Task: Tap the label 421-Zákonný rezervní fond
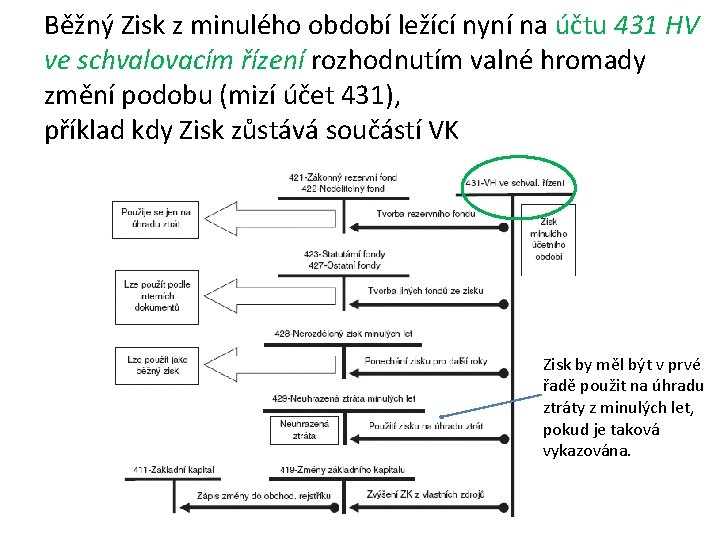pos(343,177)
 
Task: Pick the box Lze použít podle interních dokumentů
pos(157,297)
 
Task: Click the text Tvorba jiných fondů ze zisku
pos(425,291)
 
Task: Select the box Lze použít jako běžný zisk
pos(157,365)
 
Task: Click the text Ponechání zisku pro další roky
pos(425,360)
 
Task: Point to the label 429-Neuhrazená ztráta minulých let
pos(343,398)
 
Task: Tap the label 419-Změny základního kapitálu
pos(343,469)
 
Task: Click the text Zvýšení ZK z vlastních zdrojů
pos(425,496)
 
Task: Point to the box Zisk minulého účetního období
pos(549,239)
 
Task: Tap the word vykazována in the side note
pos(586,450)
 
